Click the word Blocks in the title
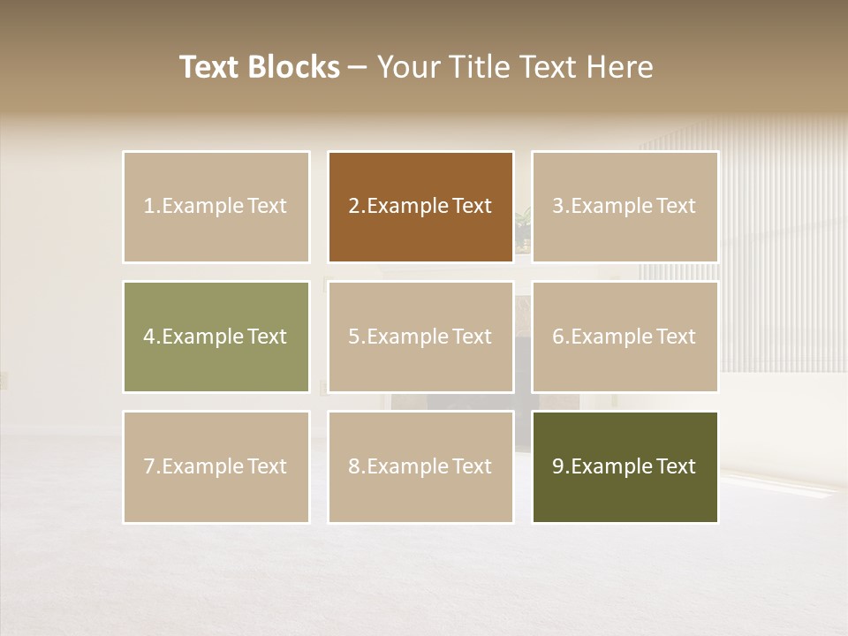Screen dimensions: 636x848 (292, 67)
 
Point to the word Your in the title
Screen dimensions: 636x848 (407, 67)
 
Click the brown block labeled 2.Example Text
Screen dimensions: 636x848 (420, 207)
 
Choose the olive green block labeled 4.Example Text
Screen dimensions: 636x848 (216, 337)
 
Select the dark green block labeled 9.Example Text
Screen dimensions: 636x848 (625, 466)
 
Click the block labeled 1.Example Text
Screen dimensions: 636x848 (216, 207)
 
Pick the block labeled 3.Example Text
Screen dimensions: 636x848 (625, 207)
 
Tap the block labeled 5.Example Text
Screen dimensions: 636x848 (420, 337)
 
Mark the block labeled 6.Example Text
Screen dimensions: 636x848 (625, 337)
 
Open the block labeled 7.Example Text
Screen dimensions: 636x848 (216, 466)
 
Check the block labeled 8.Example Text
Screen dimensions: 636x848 (420, 466)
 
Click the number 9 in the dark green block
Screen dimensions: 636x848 (558, 466)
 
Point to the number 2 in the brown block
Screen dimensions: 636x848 (354, 207)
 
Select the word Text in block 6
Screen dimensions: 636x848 (676, 337)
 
